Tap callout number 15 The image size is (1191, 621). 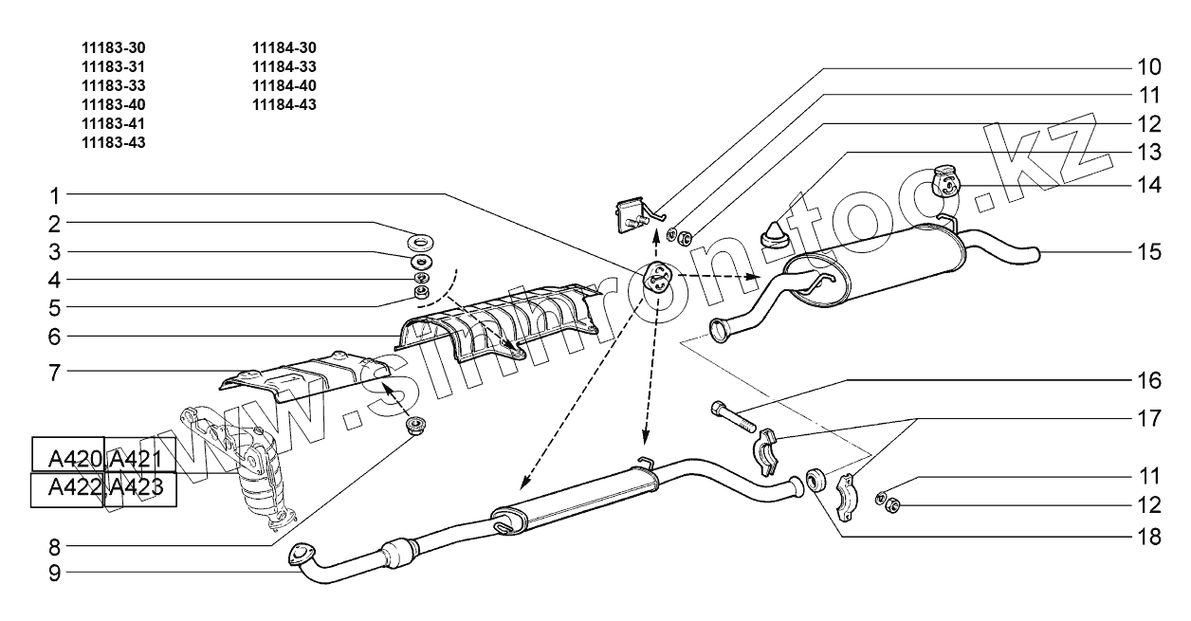(x=1148, y=252)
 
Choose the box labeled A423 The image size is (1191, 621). (x=138, y=489)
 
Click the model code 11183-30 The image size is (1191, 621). (x=114, y=47)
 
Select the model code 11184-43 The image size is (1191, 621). (x=284, y=104)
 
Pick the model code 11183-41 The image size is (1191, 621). (x=114, y=123)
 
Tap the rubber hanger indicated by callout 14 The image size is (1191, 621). (x=946, y=180)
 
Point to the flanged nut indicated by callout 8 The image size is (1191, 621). (x=414, y=426)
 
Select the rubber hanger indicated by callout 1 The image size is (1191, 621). (x=653, y=277)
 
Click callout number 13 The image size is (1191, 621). (x=1148, y=152)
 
